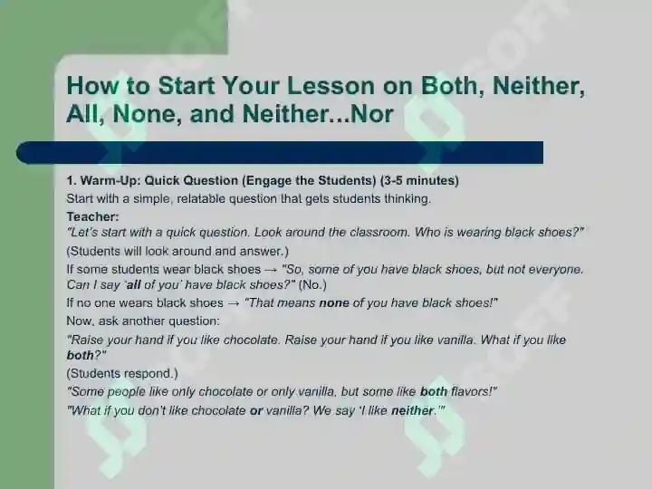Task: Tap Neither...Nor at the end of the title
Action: [318, 113]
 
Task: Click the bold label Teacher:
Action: [92, 216]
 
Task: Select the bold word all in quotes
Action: [133, 285]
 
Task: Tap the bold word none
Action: [334, 302]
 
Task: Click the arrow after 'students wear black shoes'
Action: [271, 270]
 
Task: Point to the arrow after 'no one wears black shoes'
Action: [234, 303]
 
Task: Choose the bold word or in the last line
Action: [256, 411]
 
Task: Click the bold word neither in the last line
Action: [412, 411]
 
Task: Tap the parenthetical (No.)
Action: [312, 285]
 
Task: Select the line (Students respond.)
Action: [122, 373]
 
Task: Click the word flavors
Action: [471, 392]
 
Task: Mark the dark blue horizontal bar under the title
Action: [280, 153]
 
